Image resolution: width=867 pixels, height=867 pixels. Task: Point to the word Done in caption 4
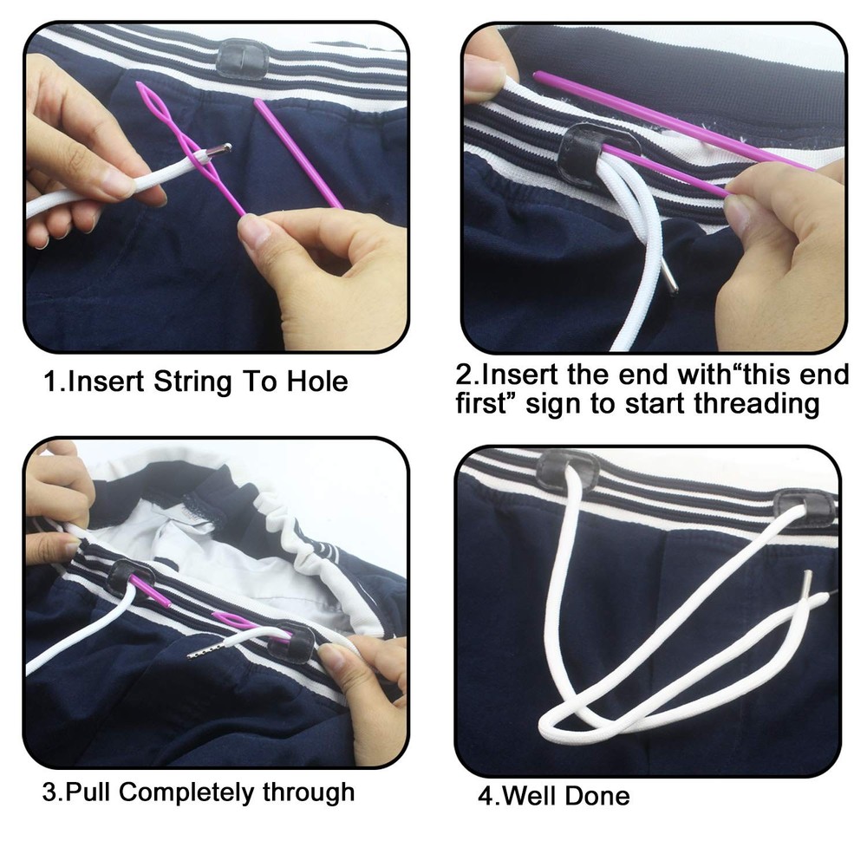pos(598,795)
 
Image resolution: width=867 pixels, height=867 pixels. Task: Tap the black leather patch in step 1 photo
pos(242,58)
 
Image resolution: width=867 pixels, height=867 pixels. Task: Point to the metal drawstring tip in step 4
pos(809,583)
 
